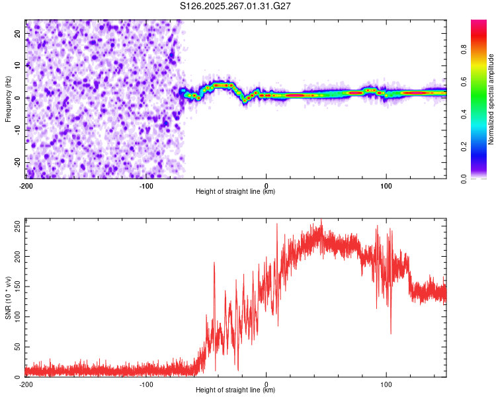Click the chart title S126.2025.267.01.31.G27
236,6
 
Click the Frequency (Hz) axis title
8,97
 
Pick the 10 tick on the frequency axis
18,65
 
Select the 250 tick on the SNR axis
15,226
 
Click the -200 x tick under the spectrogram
26,185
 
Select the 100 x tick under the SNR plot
387,384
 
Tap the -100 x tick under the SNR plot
146,384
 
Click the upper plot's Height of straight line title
235,192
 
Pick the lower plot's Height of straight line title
235,390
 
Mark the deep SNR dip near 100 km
391,333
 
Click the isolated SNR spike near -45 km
214,264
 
